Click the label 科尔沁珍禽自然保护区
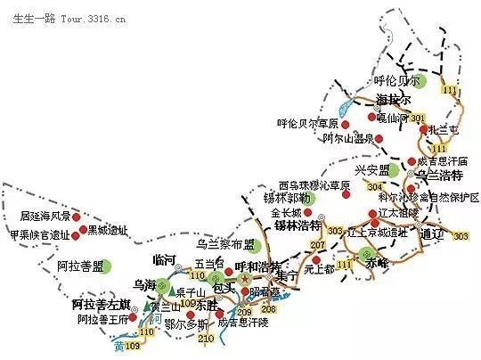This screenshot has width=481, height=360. pyautogui.click(x=428, y=197)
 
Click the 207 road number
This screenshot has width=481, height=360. pyautogui.click(x=316, y=244)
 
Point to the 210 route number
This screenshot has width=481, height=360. pyautogui.click(x=205, y=339)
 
